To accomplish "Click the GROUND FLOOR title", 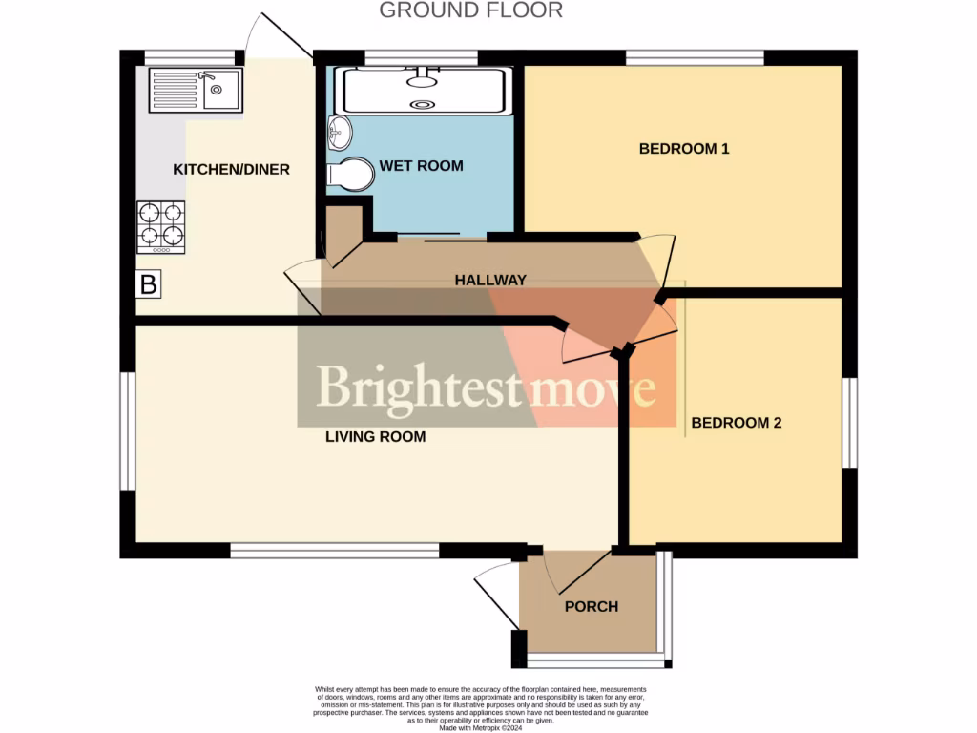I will point(470,10).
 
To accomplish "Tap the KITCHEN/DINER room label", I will point(231,170).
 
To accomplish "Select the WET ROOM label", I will point(421,166).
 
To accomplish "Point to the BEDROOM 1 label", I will point(684,149).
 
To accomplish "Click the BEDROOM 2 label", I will point(737,422).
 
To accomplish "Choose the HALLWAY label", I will point(490,280).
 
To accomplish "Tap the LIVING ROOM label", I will point(375,437).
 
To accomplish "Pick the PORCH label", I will point(592,606).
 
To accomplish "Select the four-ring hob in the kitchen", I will point(160,225).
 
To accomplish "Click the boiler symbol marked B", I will point(149,283).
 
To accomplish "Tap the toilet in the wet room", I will point(351,175).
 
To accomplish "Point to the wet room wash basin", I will point(339,132).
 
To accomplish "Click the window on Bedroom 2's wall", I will point(848,423).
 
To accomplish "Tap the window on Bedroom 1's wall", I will point(695,57).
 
